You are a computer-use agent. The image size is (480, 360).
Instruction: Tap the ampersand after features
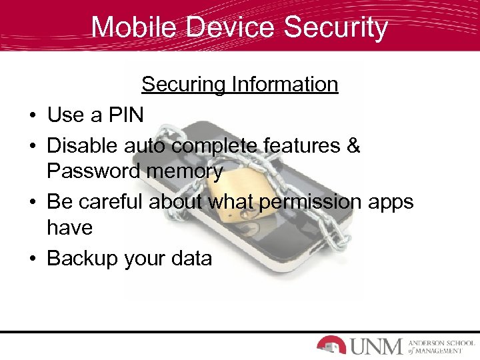coord(353,144)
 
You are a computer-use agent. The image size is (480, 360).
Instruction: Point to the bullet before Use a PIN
coord(32,116)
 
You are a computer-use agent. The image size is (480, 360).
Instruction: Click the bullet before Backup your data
coord(32,258)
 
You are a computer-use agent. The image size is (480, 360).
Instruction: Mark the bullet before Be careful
coord(32,201)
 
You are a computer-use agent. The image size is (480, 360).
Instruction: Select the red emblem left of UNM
coord(331,345)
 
